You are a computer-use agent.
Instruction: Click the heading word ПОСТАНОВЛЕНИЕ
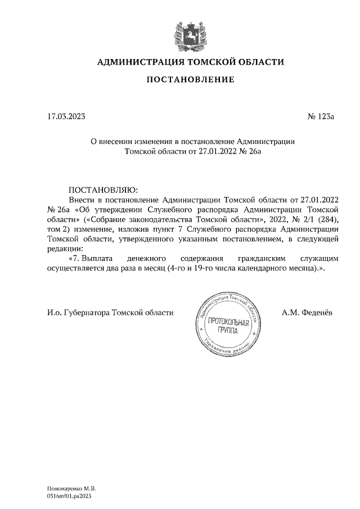[x=190, y=80]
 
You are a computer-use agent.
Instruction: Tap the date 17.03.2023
[x=67, y=118]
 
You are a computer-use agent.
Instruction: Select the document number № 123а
[x=321, y=118]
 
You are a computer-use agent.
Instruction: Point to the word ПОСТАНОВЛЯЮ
[x=102, y=189]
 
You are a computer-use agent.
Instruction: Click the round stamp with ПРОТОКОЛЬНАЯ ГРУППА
[x=228, y=324]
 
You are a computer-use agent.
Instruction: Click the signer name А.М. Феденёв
[x=307, y=312]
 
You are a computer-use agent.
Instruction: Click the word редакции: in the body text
[x=65, y=249]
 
